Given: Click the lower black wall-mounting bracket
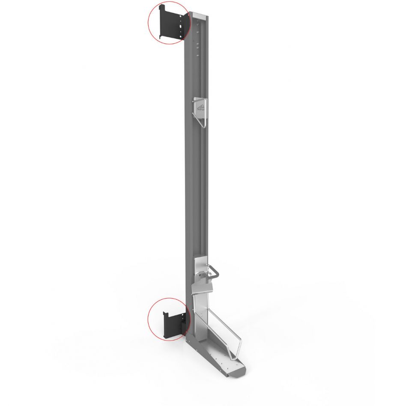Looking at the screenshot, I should tap(174, 323).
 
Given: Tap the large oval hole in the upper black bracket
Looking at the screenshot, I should tap(183, 26).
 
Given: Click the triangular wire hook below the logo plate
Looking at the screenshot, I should tap(202, 120).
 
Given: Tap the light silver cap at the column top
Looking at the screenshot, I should tap(200, 15).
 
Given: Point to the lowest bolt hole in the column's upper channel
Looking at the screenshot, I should tap(197, 55).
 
